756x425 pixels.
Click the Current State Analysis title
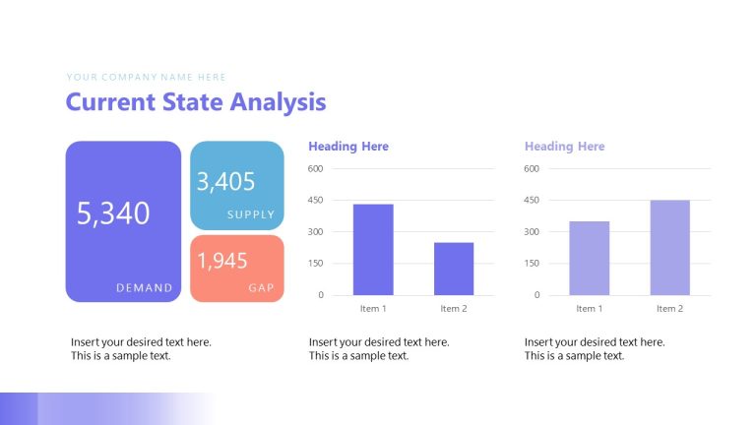click(x=195, y=101)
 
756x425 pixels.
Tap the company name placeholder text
click(x=146, y=77)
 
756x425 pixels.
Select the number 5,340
click(x=113, y=213)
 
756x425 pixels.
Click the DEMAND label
click(x=144, y=288)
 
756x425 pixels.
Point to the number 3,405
click(x=225, y=182)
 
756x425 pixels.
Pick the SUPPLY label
click(x=251, y=214)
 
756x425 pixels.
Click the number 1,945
click(x=222, y=262)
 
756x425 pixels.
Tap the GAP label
click(x=261, y=288)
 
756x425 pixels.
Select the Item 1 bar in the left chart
click(x=373, y=250)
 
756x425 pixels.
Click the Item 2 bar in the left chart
click(x=454, y=269)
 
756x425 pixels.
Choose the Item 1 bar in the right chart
click(x=589, y=258)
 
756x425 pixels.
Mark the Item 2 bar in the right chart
click(x=669, y=248)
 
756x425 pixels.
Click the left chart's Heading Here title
click(x=348, y=147)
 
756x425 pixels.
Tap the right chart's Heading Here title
click(x=564, y=147)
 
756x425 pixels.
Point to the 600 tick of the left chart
click(x=315, y=169)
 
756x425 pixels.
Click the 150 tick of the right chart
click(x=532, y=264)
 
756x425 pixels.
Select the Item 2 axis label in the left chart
click(x=454, y=309)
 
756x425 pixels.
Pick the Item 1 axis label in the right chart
click(x=589, y=309)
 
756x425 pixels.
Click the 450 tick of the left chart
click(x=315, y=201)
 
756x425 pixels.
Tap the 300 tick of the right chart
click(x=532, y=232)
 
